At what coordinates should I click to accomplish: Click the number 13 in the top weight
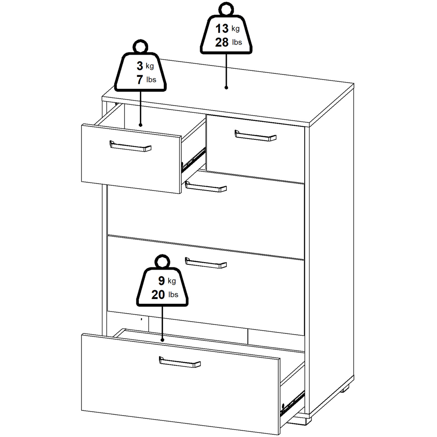click(222, 28)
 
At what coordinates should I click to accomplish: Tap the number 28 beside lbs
click(222, 42)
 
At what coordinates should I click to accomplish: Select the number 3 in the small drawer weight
click(140, 66)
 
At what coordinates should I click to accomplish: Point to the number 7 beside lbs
click(140, 80)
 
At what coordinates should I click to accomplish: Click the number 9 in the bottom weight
click(162, 281)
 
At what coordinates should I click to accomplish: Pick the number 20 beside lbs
click(158, 295)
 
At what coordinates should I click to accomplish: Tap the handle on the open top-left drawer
click(130, 146)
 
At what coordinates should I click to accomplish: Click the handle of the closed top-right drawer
click(256, 135)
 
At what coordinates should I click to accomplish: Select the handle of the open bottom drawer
click(180, 362)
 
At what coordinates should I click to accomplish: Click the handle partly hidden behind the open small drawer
click(206, 187)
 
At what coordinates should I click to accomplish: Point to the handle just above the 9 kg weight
click(206, 263)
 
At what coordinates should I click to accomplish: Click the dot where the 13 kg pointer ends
click(226, 87)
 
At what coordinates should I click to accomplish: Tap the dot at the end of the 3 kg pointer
click(140, 125)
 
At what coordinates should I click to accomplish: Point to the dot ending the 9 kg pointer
click(163, 340)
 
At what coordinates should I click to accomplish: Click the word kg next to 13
click(236, 29)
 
